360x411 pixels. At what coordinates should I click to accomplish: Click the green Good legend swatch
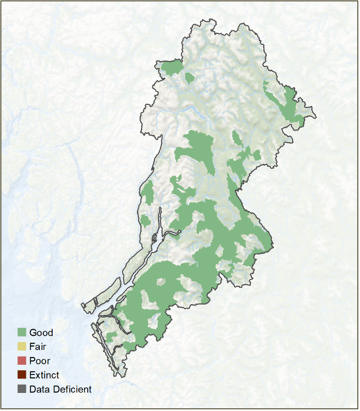point(22,332)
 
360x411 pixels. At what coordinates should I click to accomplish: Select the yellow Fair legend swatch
point(22,346)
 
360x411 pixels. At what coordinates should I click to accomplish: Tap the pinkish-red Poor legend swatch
point(22,361)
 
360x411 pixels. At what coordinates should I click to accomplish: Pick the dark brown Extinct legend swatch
point(22,375)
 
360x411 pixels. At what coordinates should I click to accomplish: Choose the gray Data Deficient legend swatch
point(22,389)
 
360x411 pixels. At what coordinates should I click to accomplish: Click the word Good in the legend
point(41,332)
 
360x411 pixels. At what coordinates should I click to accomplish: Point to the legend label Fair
point(37,346)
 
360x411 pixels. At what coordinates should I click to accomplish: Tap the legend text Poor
point(39,361)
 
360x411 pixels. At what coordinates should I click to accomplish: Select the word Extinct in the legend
point(44,375)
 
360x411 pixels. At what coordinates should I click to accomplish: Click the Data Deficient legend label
point(60,389)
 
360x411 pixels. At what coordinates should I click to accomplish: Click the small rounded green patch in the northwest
point(189,78)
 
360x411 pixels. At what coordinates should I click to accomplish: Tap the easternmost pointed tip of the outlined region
point(316,117)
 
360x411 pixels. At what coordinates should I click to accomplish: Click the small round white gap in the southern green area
point(161,282)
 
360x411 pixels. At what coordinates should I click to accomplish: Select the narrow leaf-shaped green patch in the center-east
point(237,138)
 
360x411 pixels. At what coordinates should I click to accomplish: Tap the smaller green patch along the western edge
point(145,221)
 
